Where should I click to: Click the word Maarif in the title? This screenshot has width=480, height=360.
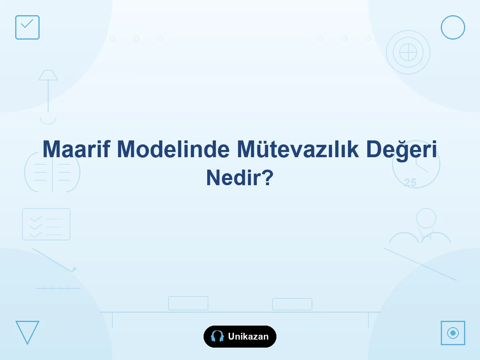[x=76, y=149]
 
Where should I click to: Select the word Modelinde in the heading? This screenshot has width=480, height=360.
[x=174, y=149]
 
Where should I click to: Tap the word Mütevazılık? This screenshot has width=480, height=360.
[x=298, y=149]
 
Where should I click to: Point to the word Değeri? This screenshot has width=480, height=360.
[x=402, y=150]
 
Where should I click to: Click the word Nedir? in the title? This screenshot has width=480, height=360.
[x=240, y=178]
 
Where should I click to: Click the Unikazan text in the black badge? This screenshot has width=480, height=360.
[x=248, y=336]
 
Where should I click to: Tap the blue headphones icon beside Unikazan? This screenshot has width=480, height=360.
[x=217, y=336]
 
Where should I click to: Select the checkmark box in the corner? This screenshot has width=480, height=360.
[x=27, y=27]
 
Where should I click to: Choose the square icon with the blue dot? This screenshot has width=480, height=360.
[x=453, y=333]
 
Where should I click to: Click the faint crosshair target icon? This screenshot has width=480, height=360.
[x=408, y=52]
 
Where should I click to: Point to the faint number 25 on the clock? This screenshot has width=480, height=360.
[x=410, y=182]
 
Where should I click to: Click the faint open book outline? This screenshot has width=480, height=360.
[x=52, y=173]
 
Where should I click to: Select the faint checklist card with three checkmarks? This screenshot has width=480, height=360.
[x=46, y=224]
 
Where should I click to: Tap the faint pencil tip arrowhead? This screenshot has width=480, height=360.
[x=74, y=269]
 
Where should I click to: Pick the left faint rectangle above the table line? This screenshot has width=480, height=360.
[x=188, y=303]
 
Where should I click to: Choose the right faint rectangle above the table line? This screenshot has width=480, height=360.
[x=292, y=304]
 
